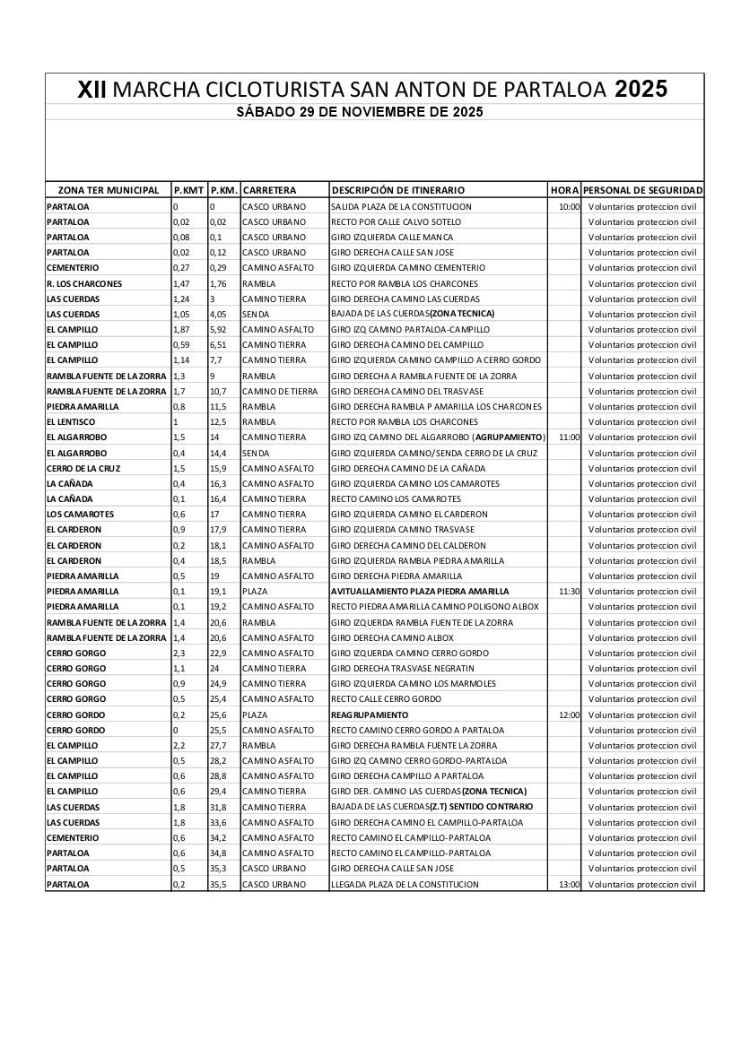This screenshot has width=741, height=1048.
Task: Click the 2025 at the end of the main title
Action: pos(641,89)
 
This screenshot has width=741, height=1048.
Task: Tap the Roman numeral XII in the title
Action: pos(92,90)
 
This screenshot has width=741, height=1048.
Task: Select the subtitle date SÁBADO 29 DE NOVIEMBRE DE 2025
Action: pos(360,112)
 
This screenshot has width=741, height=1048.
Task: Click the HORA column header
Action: pos(564,190)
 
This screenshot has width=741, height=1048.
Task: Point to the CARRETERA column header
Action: pos(269,190)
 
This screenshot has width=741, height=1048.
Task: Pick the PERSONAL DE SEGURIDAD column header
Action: pos(642,190)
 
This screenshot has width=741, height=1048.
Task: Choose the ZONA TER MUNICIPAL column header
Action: pos(108,190)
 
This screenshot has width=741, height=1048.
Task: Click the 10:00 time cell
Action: pos(569,207)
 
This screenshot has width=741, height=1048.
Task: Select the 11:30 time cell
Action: pos(569,592)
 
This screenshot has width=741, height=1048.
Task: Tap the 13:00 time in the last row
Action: pos(569,885)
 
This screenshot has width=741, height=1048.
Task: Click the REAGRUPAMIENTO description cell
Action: pos(370,715)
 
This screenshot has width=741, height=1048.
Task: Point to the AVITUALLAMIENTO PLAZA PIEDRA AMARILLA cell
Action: pos(420,592)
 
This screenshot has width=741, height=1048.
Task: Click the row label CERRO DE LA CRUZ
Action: pos(83,469)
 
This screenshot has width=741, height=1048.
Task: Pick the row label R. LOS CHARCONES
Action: pos(83,284)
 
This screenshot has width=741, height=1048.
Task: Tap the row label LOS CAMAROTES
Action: pos(79,515)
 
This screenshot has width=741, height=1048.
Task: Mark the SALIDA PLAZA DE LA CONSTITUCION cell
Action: pos(401,207)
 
